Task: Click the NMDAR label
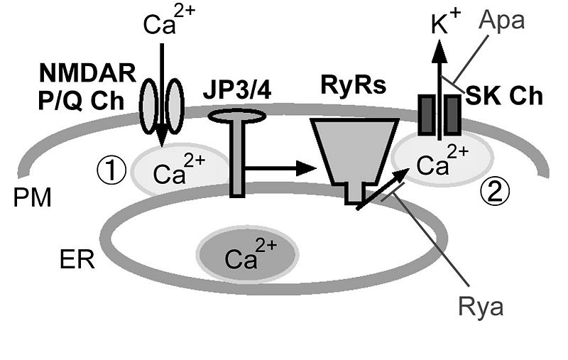point(79,73)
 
